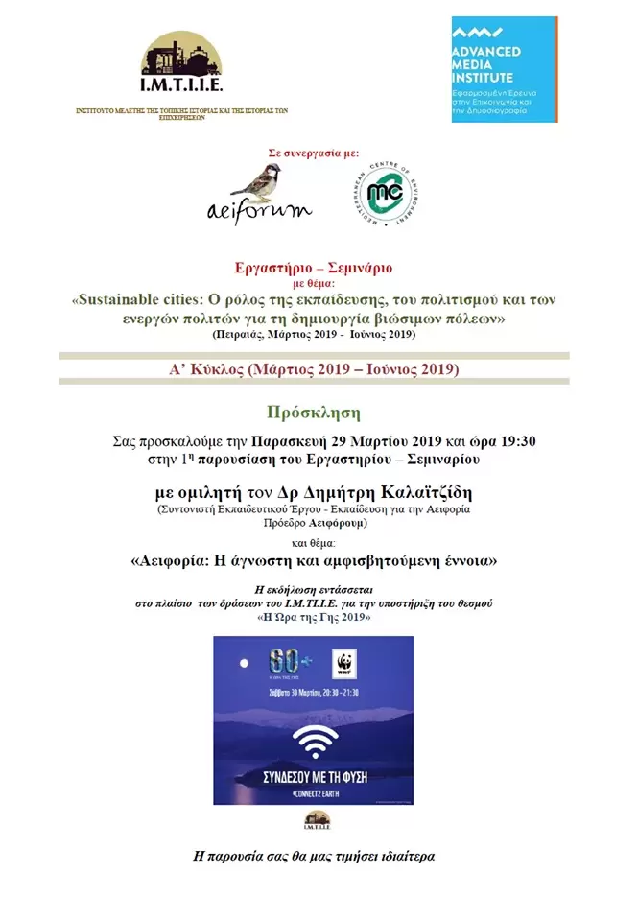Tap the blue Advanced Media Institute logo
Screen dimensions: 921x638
click(x=504, y=69)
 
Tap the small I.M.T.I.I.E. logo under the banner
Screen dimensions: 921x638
click(x=317, y=820)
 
